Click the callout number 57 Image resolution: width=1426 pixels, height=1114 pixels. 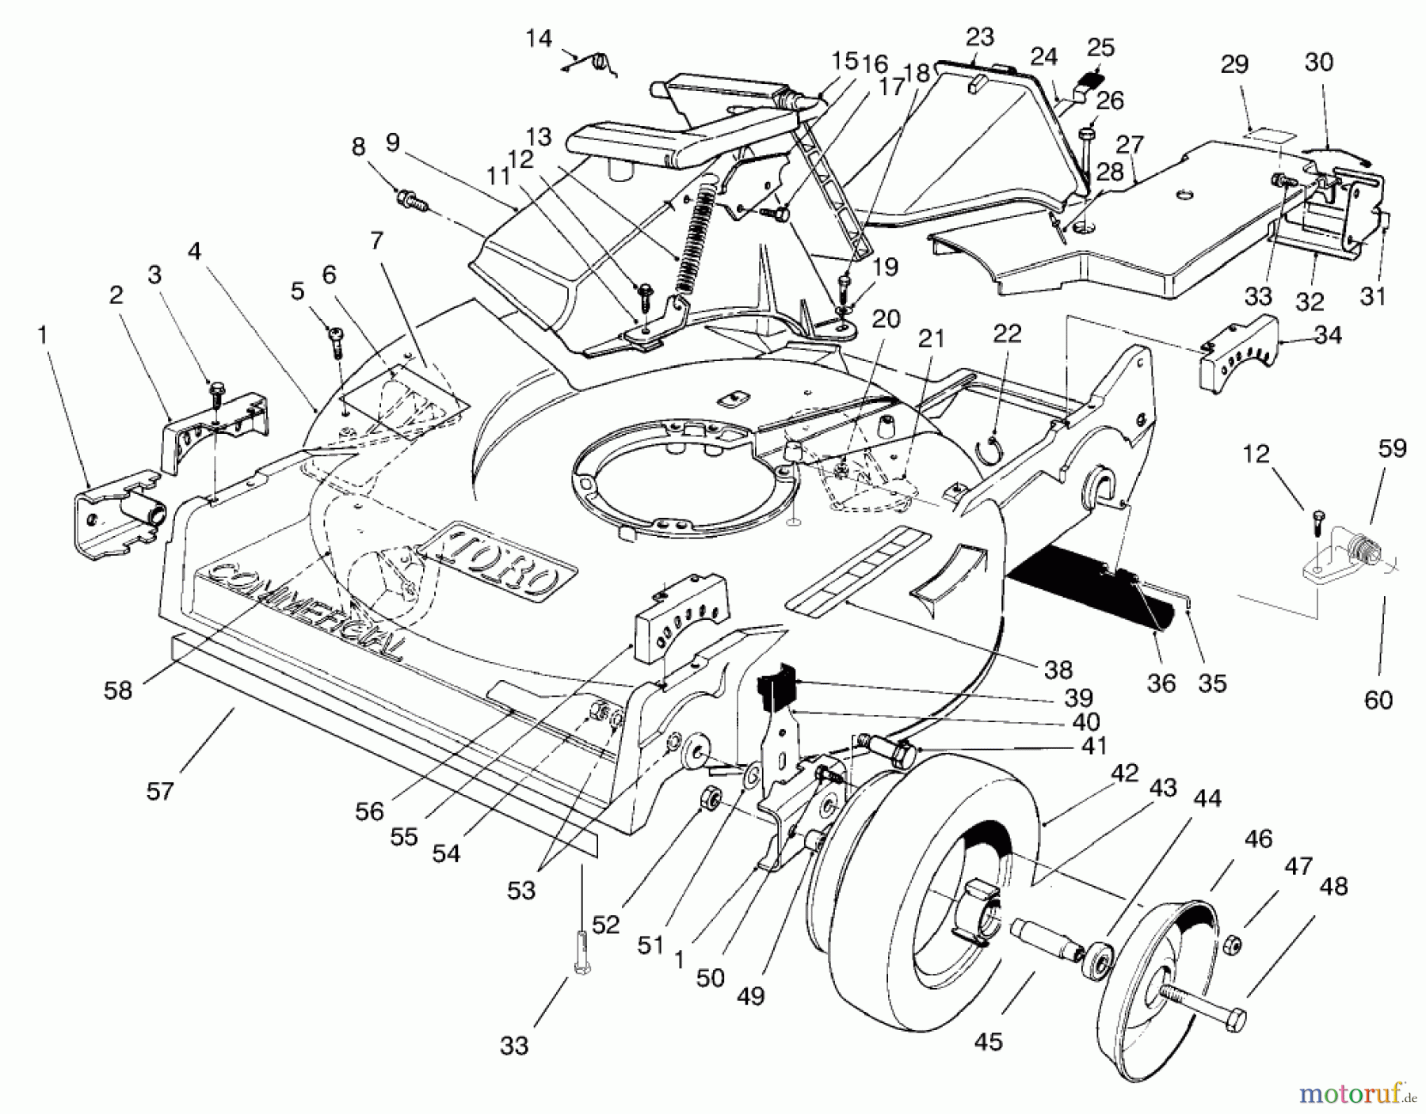160,790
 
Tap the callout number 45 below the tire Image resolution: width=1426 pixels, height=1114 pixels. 989,1041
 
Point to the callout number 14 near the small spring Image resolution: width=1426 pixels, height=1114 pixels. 539,38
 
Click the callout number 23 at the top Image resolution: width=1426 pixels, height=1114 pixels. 979,36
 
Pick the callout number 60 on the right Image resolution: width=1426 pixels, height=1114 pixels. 1378,700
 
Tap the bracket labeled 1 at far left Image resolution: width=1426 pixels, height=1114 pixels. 119,515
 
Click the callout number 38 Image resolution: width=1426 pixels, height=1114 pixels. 1058,670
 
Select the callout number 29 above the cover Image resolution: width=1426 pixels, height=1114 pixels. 1234,65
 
